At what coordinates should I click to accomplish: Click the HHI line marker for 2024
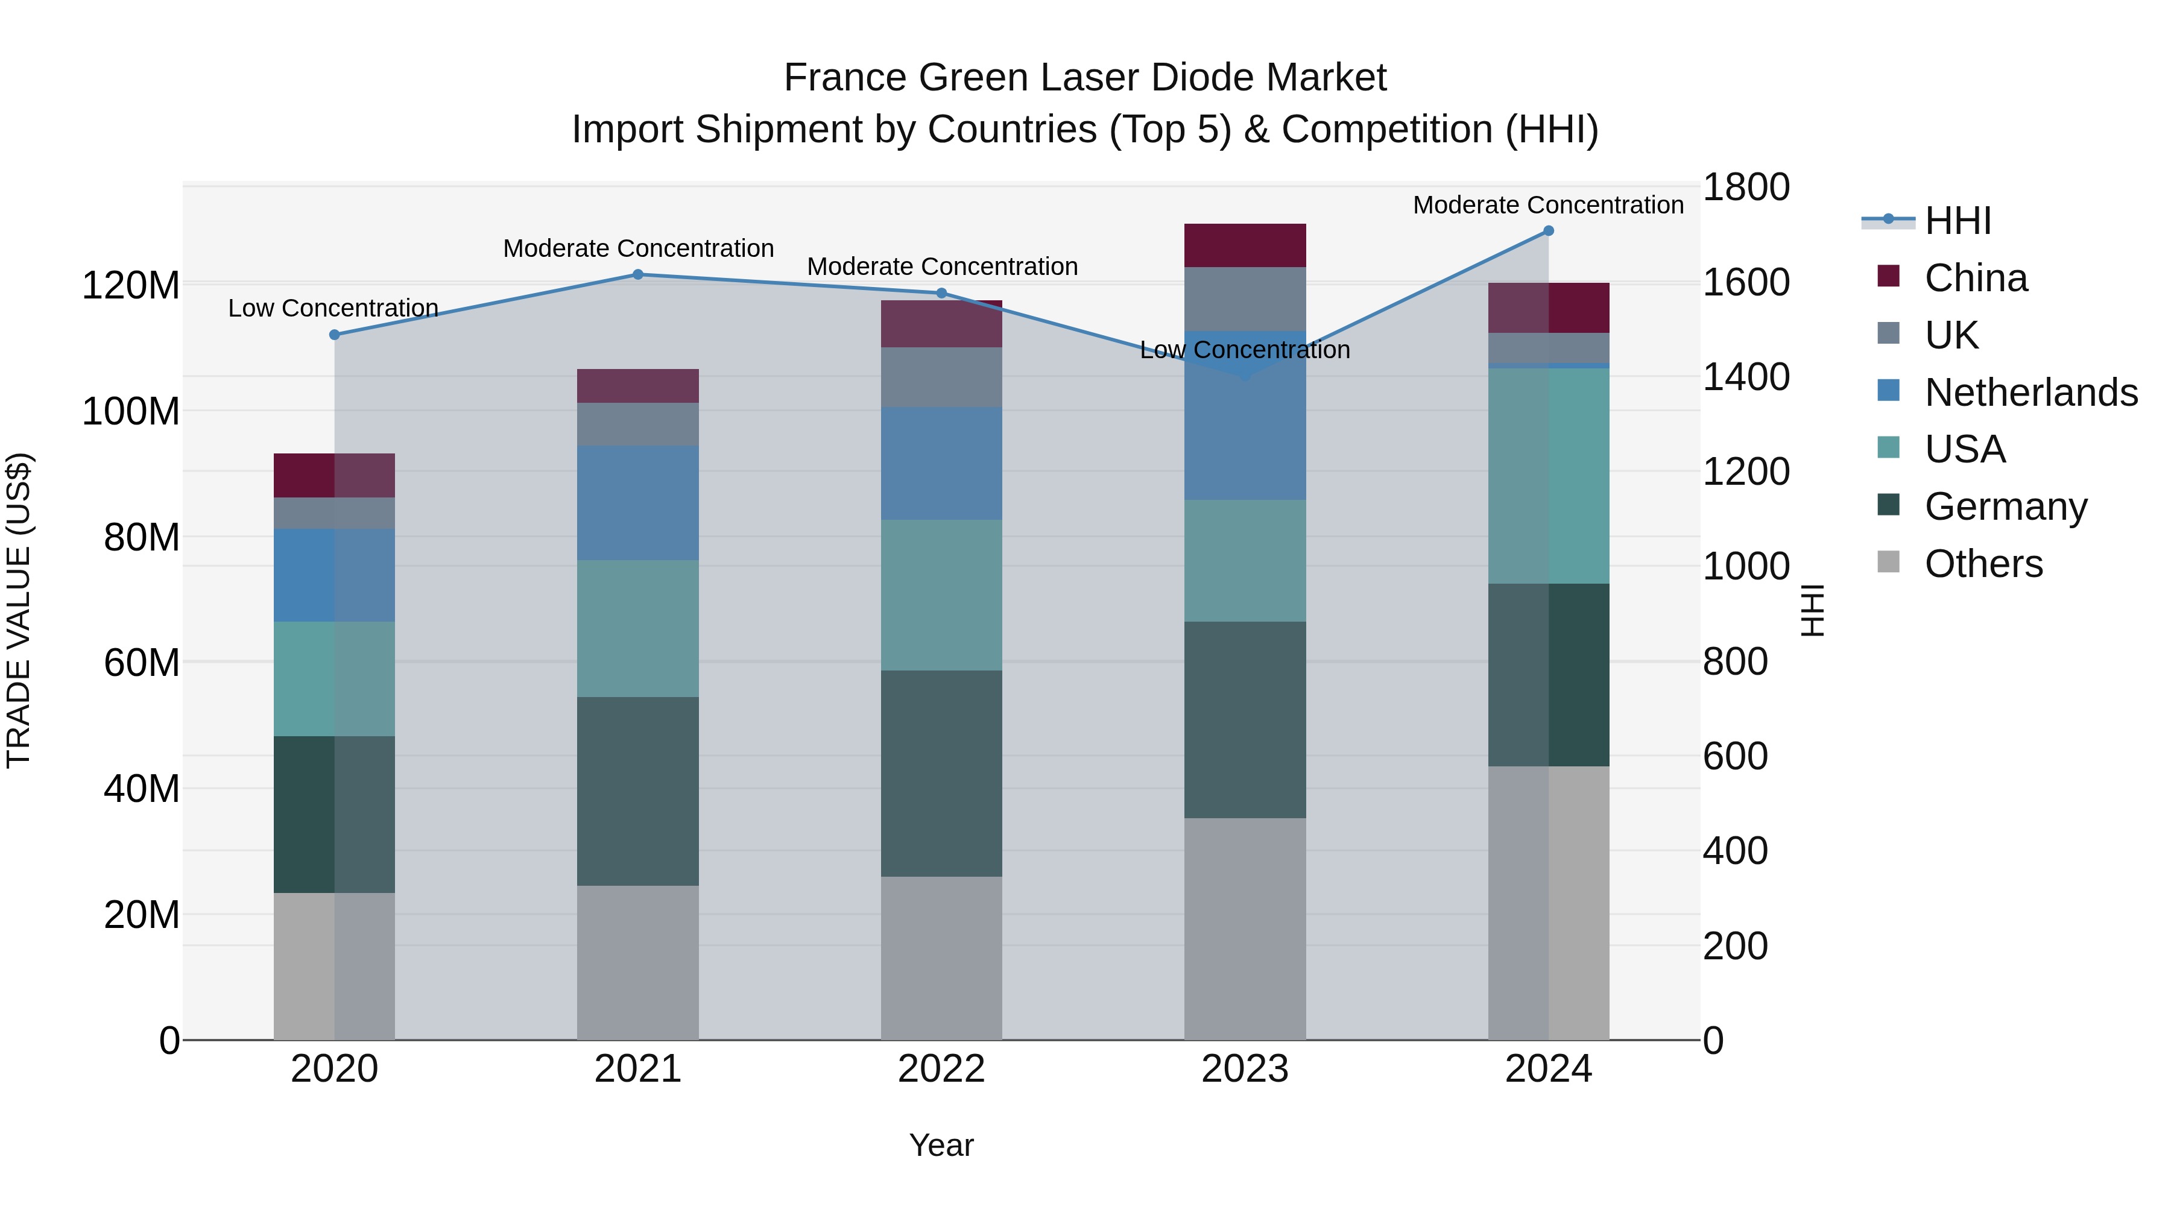coord(1548,231)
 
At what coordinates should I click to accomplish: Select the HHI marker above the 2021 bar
coord(638,275)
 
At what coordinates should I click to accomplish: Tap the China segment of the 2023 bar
coord(1245,245)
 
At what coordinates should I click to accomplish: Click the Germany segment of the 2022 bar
coord(941,774)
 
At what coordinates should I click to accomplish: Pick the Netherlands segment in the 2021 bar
coord(638,503)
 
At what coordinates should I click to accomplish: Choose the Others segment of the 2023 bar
coord(1245,929)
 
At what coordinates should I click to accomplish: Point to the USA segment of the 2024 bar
coord(1548,476)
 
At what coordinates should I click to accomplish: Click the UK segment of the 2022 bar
coord(941,377)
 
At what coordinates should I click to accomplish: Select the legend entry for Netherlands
coord(2029,393)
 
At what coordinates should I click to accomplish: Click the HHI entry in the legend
coord(1957,221)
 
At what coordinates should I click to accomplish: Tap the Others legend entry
coord(1982,564)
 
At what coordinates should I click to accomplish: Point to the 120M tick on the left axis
coord(131,286)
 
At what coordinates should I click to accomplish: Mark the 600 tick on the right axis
coord(1734,757)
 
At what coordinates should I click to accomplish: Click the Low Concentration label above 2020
coord(333,308)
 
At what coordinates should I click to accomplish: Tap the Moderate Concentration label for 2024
coord(1548,205)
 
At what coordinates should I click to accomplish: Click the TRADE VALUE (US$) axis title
coord(19,610)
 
